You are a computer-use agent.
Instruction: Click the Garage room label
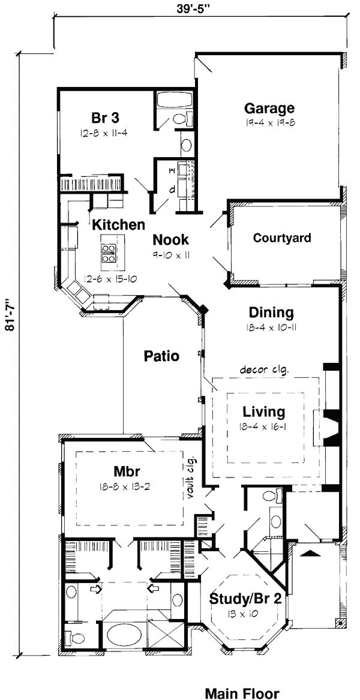point(269,108)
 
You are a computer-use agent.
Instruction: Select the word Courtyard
point(282,238)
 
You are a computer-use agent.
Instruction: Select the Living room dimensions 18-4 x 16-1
point(263,426)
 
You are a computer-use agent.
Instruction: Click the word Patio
point(161,356)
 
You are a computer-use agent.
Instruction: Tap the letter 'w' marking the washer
point(172,171)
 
